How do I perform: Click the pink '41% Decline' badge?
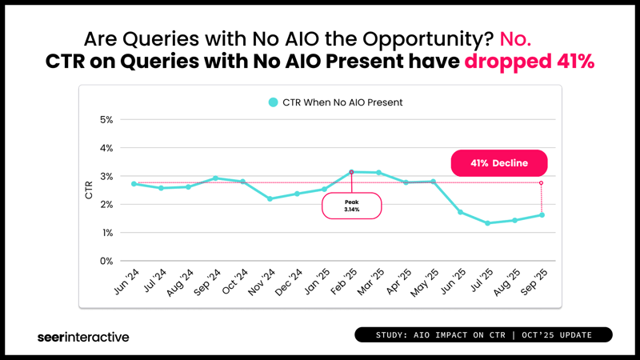tap(499, 163)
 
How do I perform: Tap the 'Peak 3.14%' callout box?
tap(352, 206)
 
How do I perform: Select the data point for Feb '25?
tap(351, 172)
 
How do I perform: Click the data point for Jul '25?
tap(487, 223)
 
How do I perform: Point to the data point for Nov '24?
tap(270, 198)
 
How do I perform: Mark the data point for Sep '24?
tap(215, 178)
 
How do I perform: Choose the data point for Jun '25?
tap(460, 212)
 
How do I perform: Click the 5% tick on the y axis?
tap(106, 120)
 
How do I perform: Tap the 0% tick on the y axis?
tap(106, 261)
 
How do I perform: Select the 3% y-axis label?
tap(106, 176)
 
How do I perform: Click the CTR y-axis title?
tap(89, 190)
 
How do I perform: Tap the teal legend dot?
tap(274, 102)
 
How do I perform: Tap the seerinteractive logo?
tap(83, 337)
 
